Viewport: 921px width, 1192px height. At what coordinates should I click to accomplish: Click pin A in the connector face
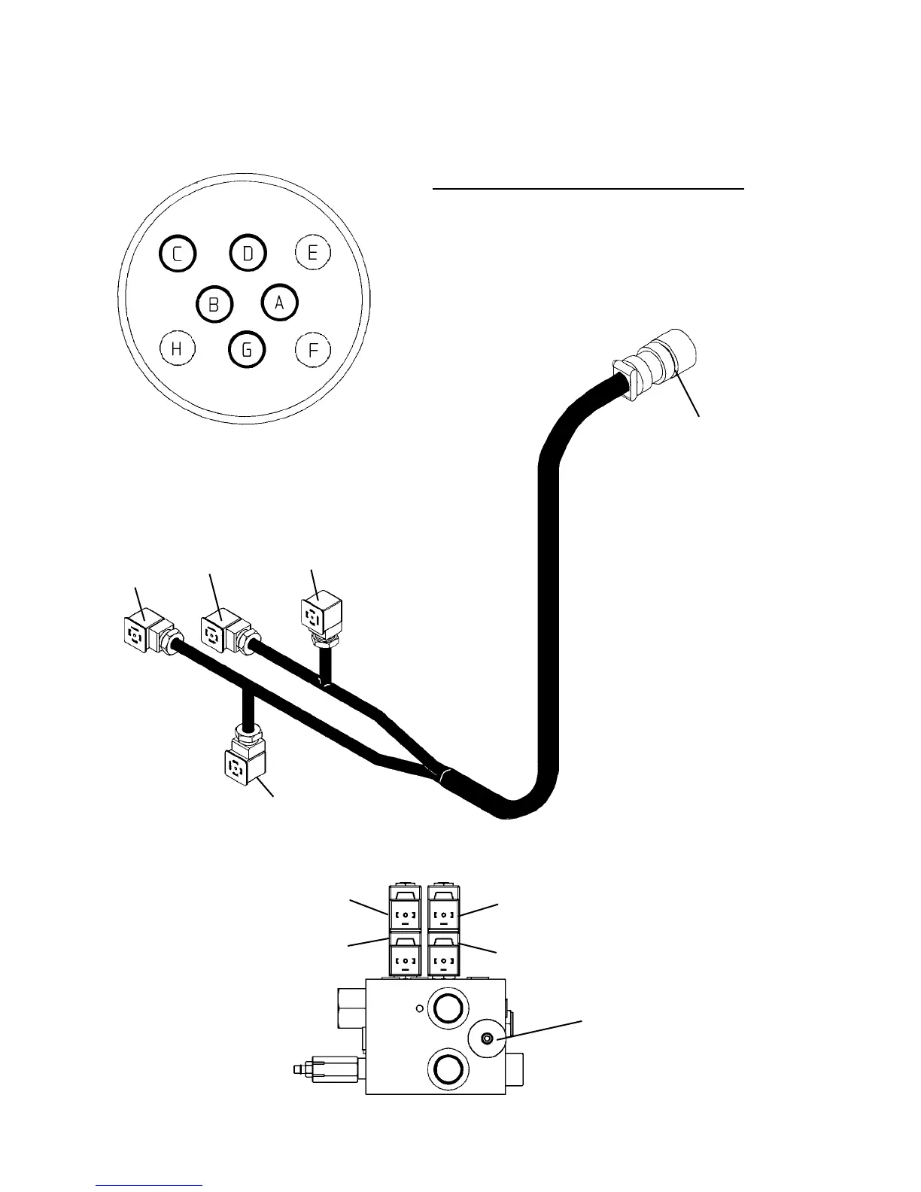pyautogui.click(x=280, y=303)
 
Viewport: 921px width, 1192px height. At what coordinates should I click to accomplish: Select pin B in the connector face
pyautogui.click(x=214, y=304)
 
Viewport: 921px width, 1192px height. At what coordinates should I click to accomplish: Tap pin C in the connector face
pyautogui.click(x=178, y=254)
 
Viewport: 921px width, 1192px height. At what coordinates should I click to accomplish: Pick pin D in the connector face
pyautogui.click(x=248, y=254)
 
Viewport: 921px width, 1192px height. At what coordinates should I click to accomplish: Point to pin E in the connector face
pyautogui.click(x=313, y=253)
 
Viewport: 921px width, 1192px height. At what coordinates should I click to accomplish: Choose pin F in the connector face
pyautogui.click(x=313, y=349)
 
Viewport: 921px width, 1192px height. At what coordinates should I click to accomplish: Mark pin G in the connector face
pyautogui.click(x=247, y=349)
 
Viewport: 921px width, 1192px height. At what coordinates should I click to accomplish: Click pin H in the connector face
pyautogui.click(x=178, y=348)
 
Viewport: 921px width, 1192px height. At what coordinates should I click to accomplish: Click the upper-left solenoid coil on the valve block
pyautogui.click(x=406, y=913)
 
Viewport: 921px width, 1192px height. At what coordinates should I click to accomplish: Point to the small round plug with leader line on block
pyautogui.click(x=487, y=1039)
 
